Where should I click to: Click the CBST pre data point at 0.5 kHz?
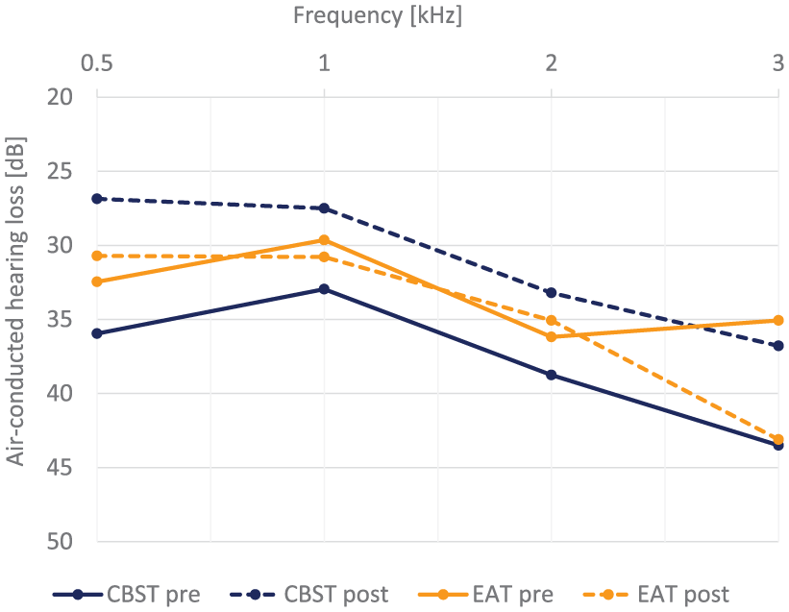97,333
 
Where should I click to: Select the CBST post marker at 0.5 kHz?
97,199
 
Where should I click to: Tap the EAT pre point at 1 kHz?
325,240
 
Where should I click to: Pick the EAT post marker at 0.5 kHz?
97,256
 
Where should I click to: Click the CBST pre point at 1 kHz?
325,288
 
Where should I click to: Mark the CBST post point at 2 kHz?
552,293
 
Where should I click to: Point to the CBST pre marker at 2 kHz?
552,375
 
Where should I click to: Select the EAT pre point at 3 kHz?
778,320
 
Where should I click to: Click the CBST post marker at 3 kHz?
778,346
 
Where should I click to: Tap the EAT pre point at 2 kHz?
552,336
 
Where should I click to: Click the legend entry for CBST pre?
127,595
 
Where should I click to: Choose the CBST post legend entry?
308,595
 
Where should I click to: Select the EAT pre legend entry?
486,595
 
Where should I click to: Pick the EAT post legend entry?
656,595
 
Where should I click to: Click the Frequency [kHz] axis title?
378,15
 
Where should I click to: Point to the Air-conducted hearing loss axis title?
15,302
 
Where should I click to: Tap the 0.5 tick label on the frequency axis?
97,63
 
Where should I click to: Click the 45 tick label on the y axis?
60,467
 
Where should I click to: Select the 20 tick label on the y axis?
60,96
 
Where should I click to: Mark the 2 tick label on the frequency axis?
552,63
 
